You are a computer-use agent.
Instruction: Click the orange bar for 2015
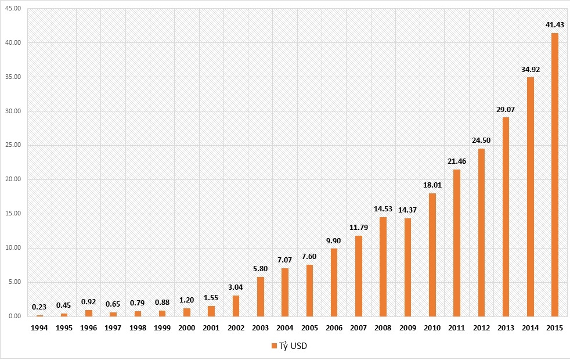tap(554, 175)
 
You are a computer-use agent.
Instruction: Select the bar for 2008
tap(383, 267)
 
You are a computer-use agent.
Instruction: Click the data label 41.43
tap(554, 26)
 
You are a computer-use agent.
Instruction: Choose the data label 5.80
tap(261, 269)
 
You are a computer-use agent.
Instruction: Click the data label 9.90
tap(334, 240)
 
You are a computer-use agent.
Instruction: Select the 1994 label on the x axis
tap(39, 328)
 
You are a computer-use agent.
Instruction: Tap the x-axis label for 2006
tap(334, 328)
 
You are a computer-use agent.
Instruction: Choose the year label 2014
tap(530, 328)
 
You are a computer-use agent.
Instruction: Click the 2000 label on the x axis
tap(187, 328)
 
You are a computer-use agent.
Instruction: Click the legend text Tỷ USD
tap(297, 346)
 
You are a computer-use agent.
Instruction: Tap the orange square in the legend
tap(275, 346)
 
